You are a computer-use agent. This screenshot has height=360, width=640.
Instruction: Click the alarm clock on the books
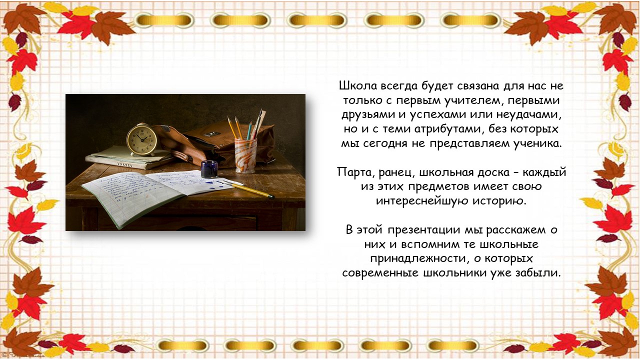click(x=141, y=139)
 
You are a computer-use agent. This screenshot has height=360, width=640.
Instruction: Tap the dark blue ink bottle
click(x=209, y=169)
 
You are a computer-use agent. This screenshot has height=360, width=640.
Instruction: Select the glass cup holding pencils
click(x=245, y=155)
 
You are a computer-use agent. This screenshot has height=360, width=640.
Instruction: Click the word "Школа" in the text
click(x=358, y=85)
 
